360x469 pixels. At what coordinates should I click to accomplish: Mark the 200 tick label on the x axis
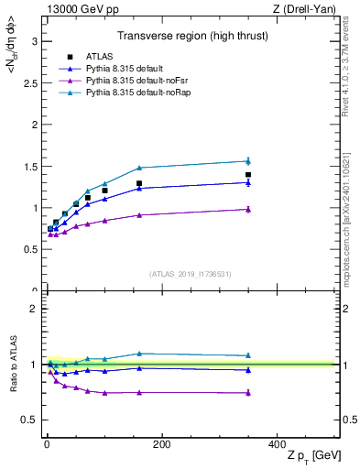pos(161,444)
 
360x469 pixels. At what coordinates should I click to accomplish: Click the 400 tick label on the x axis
pos(277,444)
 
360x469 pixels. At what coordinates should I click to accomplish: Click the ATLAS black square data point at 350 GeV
pos(248,175)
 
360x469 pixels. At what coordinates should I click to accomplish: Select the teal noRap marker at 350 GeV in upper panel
pos(248,161)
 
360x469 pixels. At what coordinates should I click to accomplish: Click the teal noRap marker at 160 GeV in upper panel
pos(139,168)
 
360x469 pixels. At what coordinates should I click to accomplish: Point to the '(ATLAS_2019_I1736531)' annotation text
pos(191,274)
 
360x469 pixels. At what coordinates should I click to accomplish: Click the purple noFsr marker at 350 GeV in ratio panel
pos(248,392)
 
